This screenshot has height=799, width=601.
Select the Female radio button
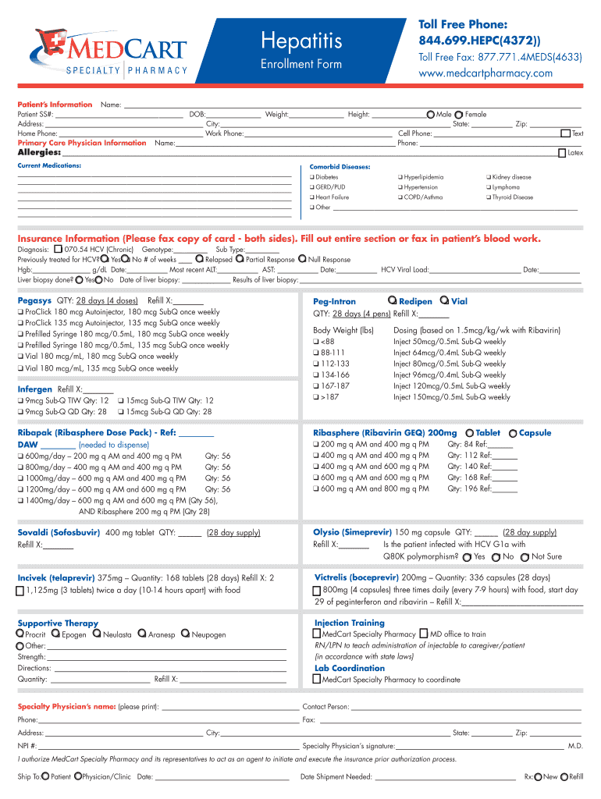tap(459, 115)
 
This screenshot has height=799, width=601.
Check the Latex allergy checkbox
tap(562, 153)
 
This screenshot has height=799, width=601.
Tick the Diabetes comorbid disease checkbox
tap(311, 177)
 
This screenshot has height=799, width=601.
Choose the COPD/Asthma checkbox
tap(400, 197)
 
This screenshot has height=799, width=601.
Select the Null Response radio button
tap(303, 259)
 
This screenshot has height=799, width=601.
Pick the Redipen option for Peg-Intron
tap(391, 301)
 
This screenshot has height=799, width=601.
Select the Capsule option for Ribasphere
tap(512, 433)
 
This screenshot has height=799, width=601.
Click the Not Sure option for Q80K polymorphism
tap(525, 557)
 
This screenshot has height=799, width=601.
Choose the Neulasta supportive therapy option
tap(97, 634)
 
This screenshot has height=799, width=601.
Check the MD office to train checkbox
tap(424, 634)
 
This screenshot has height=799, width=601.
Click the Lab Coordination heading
tap(349, 668)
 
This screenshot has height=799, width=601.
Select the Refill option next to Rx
tap(565, 776)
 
